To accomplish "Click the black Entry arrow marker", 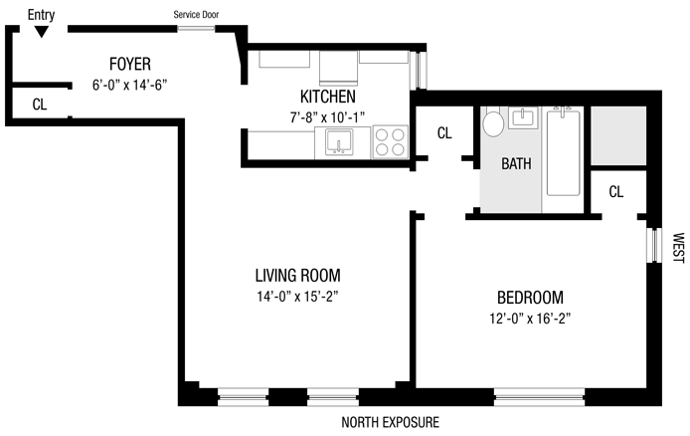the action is pos(42,32).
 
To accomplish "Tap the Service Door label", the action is pos(196,15).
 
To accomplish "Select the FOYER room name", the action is pos(130,65).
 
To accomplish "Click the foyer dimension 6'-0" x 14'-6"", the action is pos(130,85).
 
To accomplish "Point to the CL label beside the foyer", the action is pos(40,105).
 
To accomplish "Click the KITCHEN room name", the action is pos(328,97).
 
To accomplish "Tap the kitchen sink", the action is pos(338,142).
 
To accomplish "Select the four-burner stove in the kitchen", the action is pos(391,141).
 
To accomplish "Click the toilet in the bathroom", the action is pos(493,121).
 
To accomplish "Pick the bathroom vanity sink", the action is pos(523,117).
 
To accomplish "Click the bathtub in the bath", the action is pos(564,151).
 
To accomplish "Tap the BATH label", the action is pos(516,164).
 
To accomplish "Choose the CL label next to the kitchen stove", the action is pos(444,133).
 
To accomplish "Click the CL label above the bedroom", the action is pos(616,191).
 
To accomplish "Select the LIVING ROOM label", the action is pos(298,276).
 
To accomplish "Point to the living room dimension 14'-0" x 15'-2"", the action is pos(298,297).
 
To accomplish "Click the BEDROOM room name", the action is pos(530,298).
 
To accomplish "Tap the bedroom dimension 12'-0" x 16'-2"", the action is pos(530,318).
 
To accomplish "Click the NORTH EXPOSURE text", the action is pos(391,422).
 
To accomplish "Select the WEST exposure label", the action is pos(678,249).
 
